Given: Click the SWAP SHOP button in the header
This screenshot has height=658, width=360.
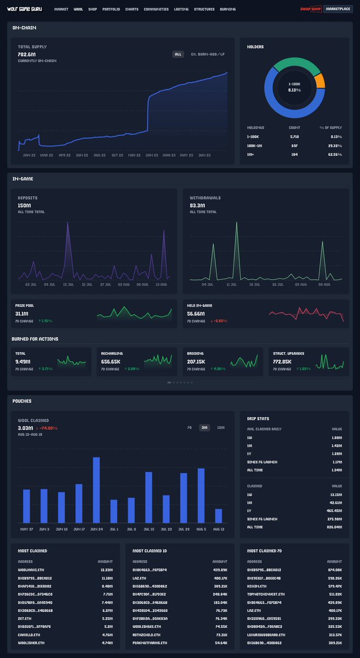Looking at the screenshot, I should [x=311, y=9].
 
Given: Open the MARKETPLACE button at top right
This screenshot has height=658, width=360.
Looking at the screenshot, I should [x=338, y=9].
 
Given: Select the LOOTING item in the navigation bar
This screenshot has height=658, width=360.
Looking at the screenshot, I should [x=181, y=9].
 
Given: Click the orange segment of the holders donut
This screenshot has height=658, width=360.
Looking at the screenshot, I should [x=319, y=81].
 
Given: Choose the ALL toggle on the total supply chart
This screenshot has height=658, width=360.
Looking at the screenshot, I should [x=178, y=54].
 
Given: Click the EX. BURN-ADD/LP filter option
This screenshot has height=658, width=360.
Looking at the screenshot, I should [x=207, y=54].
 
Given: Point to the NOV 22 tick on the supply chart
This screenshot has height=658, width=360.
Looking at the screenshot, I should [x=134, y=155].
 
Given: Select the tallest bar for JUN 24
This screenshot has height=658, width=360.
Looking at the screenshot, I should [x=96, y=490].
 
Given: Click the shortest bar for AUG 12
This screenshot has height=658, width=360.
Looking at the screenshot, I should [x=219, y=515].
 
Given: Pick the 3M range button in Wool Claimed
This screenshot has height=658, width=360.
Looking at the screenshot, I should [x=204, y=427].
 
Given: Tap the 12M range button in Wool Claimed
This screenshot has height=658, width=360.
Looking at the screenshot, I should [x=220, y=427].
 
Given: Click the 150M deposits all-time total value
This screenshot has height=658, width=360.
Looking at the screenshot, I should [x=24, y=206].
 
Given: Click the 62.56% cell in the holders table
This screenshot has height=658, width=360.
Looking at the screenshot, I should [x=334, y=154].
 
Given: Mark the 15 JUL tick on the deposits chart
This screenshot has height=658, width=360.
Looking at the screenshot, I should [x=68, y=285].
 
